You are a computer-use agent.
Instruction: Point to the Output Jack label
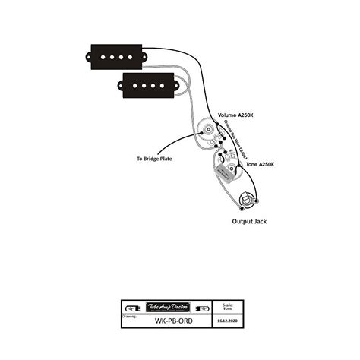(250, 222)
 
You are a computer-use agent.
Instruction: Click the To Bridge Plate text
(156, 159)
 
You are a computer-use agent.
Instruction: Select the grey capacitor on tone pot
(225, 173)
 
